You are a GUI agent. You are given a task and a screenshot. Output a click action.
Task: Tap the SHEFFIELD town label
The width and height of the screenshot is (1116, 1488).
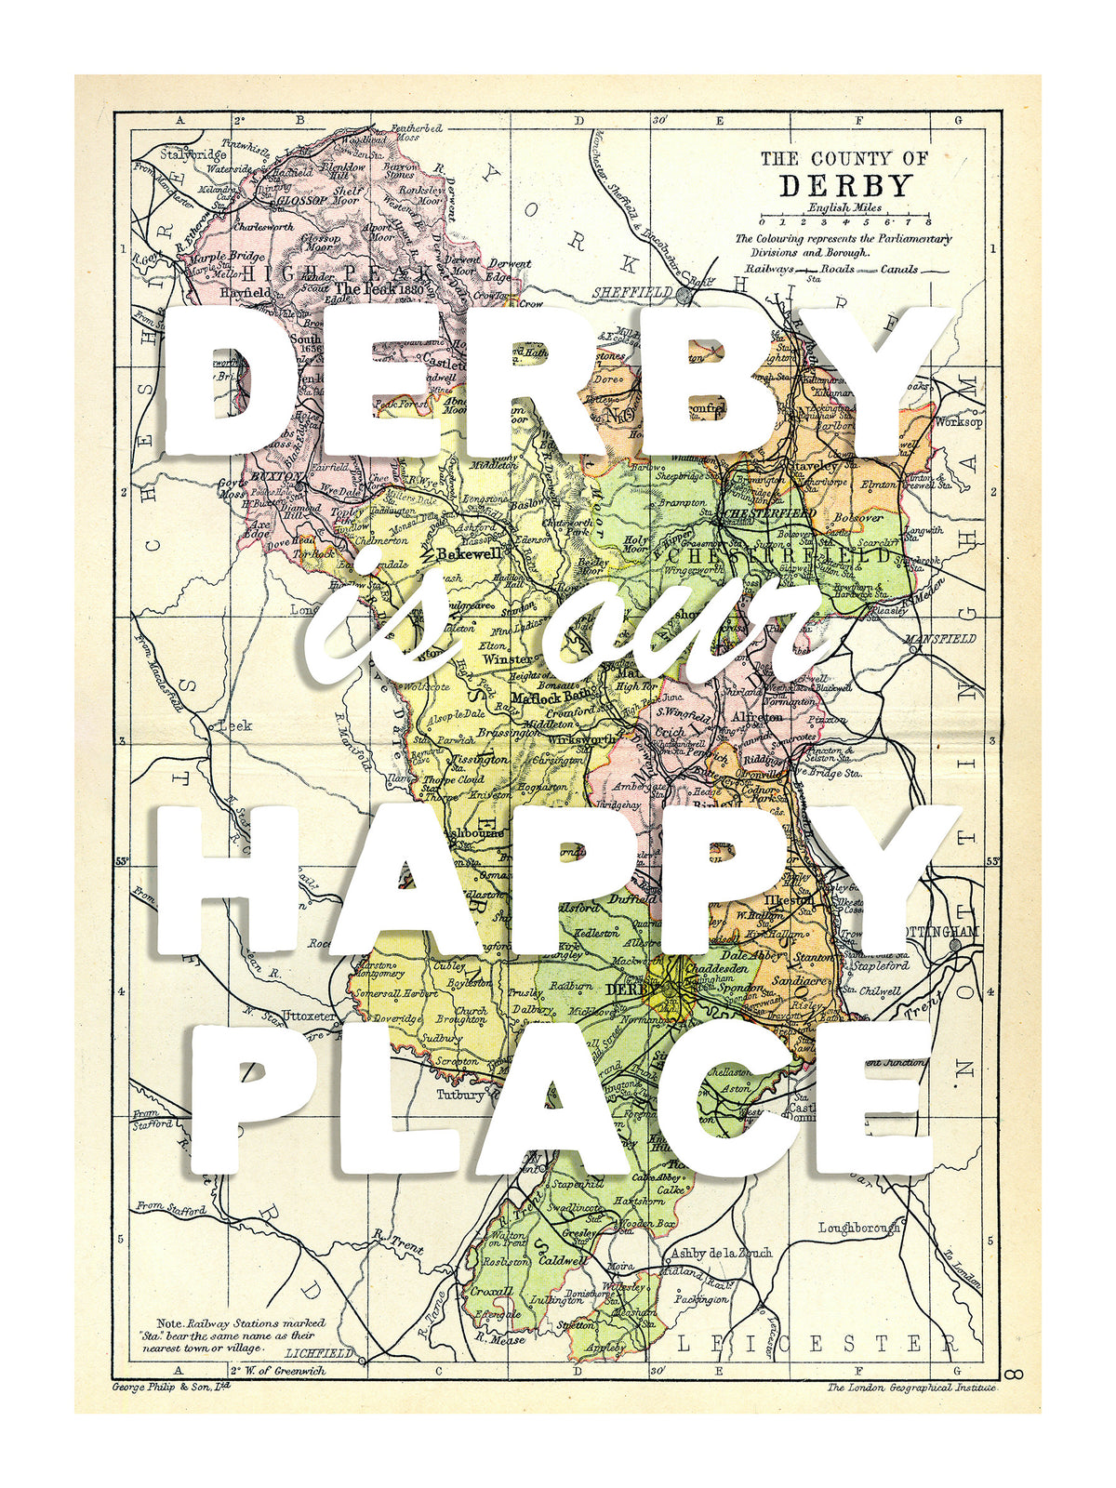pos(632,292)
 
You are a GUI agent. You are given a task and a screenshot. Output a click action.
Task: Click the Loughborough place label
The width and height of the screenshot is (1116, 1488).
pos(859,1228)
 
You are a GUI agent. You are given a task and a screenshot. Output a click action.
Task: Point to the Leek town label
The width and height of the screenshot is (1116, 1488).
pos(227,724)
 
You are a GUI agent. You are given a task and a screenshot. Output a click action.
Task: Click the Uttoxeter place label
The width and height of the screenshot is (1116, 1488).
pos(308,1016)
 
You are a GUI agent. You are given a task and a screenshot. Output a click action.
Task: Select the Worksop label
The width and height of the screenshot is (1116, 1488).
pos(959,421)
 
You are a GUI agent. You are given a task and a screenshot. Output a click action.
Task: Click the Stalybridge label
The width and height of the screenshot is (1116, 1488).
pos(193,154)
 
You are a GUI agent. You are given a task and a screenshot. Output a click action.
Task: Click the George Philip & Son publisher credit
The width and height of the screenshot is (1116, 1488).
pos(170,1387)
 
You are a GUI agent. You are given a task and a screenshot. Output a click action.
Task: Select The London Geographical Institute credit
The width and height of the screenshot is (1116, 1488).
pos(910,1388)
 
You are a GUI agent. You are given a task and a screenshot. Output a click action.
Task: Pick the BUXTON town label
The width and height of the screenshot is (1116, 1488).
pos(277,476)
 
